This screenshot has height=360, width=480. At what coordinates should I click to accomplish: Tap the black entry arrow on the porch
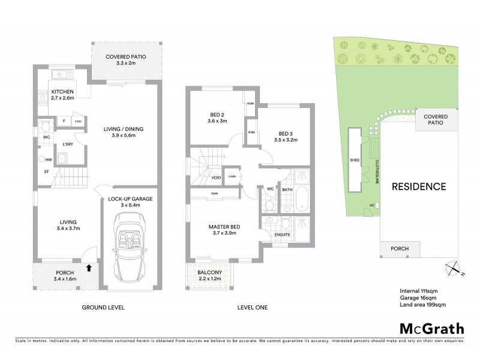point(89,268)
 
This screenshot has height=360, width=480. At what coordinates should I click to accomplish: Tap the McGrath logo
point(431,328)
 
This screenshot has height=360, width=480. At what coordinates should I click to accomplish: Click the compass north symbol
point(453,268)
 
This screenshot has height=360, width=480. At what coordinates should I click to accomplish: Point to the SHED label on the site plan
point(354,161)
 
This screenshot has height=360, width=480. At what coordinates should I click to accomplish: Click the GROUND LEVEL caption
point(103,308)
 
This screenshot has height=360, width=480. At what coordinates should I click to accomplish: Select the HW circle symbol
point(43,159)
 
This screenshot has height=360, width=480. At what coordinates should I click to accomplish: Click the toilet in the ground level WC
point(46,126)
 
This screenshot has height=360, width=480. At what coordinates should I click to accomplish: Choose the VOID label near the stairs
point(216,178)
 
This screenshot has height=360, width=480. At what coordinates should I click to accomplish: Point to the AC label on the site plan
point(372,205)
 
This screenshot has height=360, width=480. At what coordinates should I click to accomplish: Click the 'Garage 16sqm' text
point(419,297)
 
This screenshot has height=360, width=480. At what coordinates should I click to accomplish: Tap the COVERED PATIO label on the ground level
point(125,60)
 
